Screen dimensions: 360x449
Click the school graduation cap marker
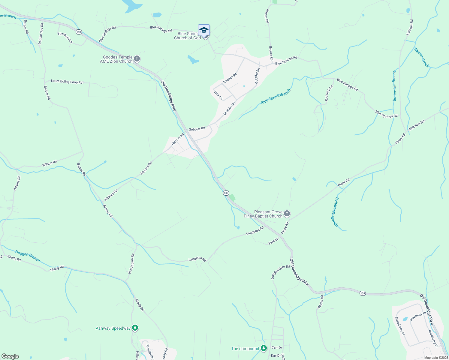click(x=204, y=31)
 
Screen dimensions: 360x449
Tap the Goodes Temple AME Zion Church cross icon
click(x=137, y=58)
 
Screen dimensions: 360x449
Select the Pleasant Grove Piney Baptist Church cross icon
click(x=287, y=213)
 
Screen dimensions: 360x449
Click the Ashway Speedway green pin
click(x=135, y=328)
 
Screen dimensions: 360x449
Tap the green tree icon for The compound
click(x=264, y=348)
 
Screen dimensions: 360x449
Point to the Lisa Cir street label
click(x=218, y=95)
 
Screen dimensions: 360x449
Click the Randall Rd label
click(x=230, y=78)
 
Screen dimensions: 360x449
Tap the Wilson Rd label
click(x=50, y=163)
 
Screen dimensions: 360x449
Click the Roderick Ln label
click(x=329, y=93)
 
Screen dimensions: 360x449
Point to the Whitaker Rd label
click(x=416, y=125)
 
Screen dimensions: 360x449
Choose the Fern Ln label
click(x=273, y=241)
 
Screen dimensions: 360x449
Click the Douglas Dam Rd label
click(x=281, y=272)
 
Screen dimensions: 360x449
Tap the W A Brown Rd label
click(x=131, y=264)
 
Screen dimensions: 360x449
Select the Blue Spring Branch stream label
click(x=276, y=97)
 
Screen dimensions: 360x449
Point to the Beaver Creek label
click(x=422, y=58)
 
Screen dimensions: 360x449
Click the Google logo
click(x=10, y=356)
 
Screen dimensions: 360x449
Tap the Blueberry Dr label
click(x=418, y=316)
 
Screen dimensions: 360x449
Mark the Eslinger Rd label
click(x=410, y=28)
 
